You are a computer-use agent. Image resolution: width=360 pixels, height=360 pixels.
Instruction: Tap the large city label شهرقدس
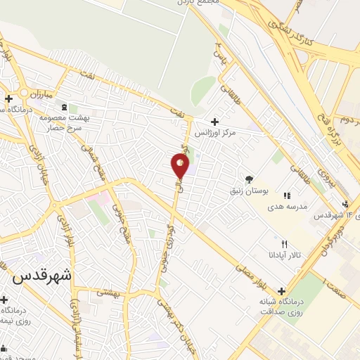(x=42, y=276)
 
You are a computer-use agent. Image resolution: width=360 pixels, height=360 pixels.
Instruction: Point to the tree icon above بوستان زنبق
(x=249, y=178)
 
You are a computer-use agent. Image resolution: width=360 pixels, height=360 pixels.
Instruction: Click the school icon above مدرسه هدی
(x=287, y=195)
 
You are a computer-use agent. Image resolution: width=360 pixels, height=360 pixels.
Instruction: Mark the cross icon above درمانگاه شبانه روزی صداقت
(x=282, y=291)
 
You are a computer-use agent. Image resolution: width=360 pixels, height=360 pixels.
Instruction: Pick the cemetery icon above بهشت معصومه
(x=65, y=107)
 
